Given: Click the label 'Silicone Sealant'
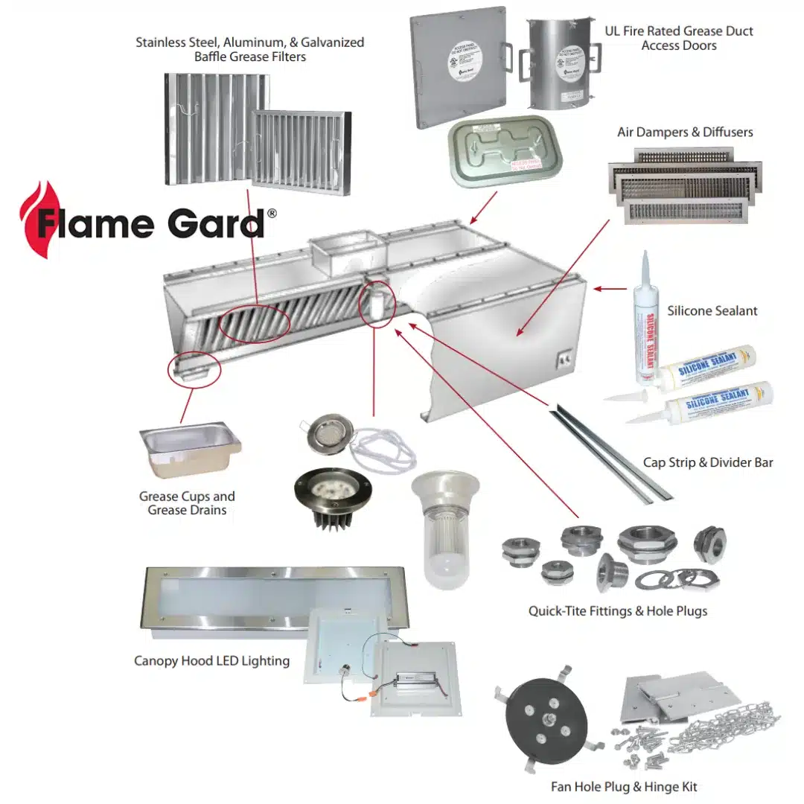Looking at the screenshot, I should pos(712,310).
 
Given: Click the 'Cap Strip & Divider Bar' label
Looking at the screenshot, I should pos(707,462).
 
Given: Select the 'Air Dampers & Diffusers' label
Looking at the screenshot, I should pos(684,132).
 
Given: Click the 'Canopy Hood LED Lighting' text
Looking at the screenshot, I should pos(211,660).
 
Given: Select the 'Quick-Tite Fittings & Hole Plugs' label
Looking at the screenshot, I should pos(617,611).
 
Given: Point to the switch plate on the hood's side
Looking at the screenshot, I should pos(564,360).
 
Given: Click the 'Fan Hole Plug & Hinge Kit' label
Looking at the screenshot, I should pos(624,786).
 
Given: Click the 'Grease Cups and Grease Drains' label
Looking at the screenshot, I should pos(187,502).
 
